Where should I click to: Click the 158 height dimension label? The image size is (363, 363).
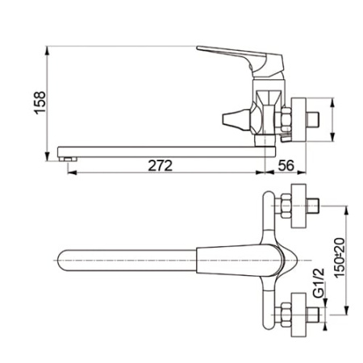40,103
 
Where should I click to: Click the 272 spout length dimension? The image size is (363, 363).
161,165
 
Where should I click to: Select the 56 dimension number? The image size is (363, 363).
286,165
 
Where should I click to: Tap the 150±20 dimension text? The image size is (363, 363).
340,257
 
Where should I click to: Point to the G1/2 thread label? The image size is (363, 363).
319,283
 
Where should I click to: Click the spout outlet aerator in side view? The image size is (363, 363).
68,159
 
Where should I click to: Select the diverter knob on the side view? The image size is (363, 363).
233,119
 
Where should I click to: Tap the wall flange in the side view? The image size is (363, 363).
298,119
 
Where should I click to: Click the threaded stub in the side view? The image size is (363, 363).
313,119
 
